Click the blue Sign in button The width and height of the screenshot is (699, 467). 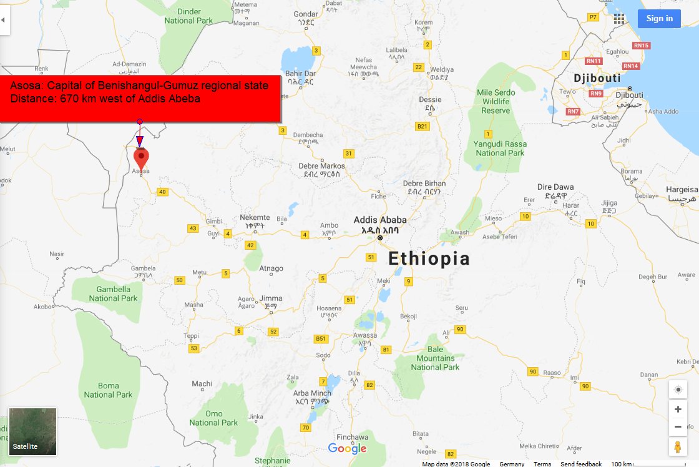pos(659,18)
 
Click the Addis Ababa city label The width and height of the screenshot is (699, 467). pos(379,220)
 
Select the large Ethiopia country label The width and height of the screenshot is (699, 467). pos(429,258)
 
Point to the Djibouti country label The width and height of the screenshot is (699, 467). pos(597,78)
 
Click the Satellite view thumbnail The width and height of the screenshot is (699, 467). pos(32,431)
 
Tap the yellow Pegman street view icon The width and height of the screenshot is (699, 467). pos(677,447)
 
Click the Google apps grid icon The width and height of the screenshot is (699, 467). pos(618,18)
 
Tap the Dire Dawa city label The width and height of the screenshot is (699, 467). pos(555,187)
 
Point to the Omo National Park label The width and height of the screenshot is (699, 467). pos(213,418)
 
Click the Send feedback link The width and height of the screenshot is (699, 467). pos(581,464)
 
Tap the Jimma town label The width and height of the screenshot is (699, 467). pos(271,298)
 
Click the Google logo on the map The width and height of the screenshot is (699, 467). pos(347,448)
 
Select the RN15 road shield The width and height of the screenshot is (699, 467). pos(642,46)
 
